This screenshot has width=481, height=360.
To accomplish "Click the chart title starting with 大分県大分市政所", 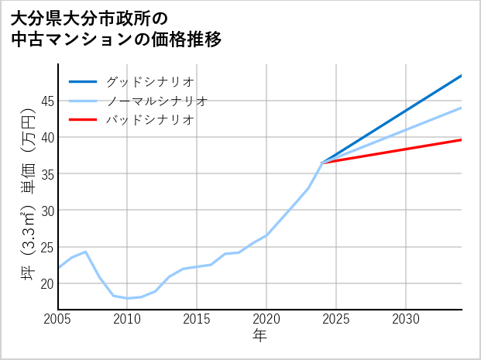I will pos(116,29).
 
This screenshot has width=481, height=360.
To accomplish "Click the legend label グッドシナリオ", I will pos(149,81).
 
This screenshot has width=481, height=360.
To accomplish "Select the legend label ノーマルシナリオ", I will pos(156,101).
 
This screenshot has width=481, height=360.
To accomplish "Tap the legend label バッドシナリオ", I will pos(149,120).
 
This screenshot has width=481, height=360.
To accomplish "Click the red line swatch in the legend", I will pos(83,120).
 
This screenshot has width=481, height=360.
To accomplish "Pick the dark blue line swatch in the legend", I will pos(83,81).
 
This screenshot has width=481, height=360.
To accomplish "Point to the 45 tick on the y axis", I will pos(47,101).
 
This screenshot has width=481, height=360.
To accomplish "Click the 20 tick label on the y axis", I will pos(47,283).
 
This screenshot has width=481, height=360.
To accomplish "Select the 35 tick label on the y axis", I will pos(47,174).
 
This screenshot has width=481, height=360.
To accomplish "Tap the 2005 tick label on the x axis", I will pos(58,319).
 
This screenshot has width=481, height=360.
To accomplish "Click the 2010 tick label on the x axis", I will pos(128,319).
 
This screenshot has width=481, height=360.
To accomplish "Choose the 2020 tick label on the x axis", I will pos(266,319).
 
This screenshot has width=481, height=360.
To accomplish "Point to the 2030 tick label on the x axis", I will pos(406,319).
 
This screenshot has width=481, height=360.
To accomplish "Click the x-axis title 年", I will pos(260,336).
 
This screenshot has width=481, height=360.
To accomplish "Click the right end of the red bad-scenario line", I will pos(462,139).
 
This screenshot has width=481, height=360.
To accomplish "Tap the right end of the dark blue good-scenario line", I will pos(462,76).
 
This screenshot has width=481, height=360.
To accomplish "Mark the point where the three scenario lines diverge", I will pos(322,163).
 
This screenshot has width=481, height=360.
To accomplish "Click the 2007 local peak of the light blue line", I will pos(86,252).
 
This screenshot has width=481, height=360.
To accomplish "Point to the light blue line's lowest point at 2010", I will pos(128,298).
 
